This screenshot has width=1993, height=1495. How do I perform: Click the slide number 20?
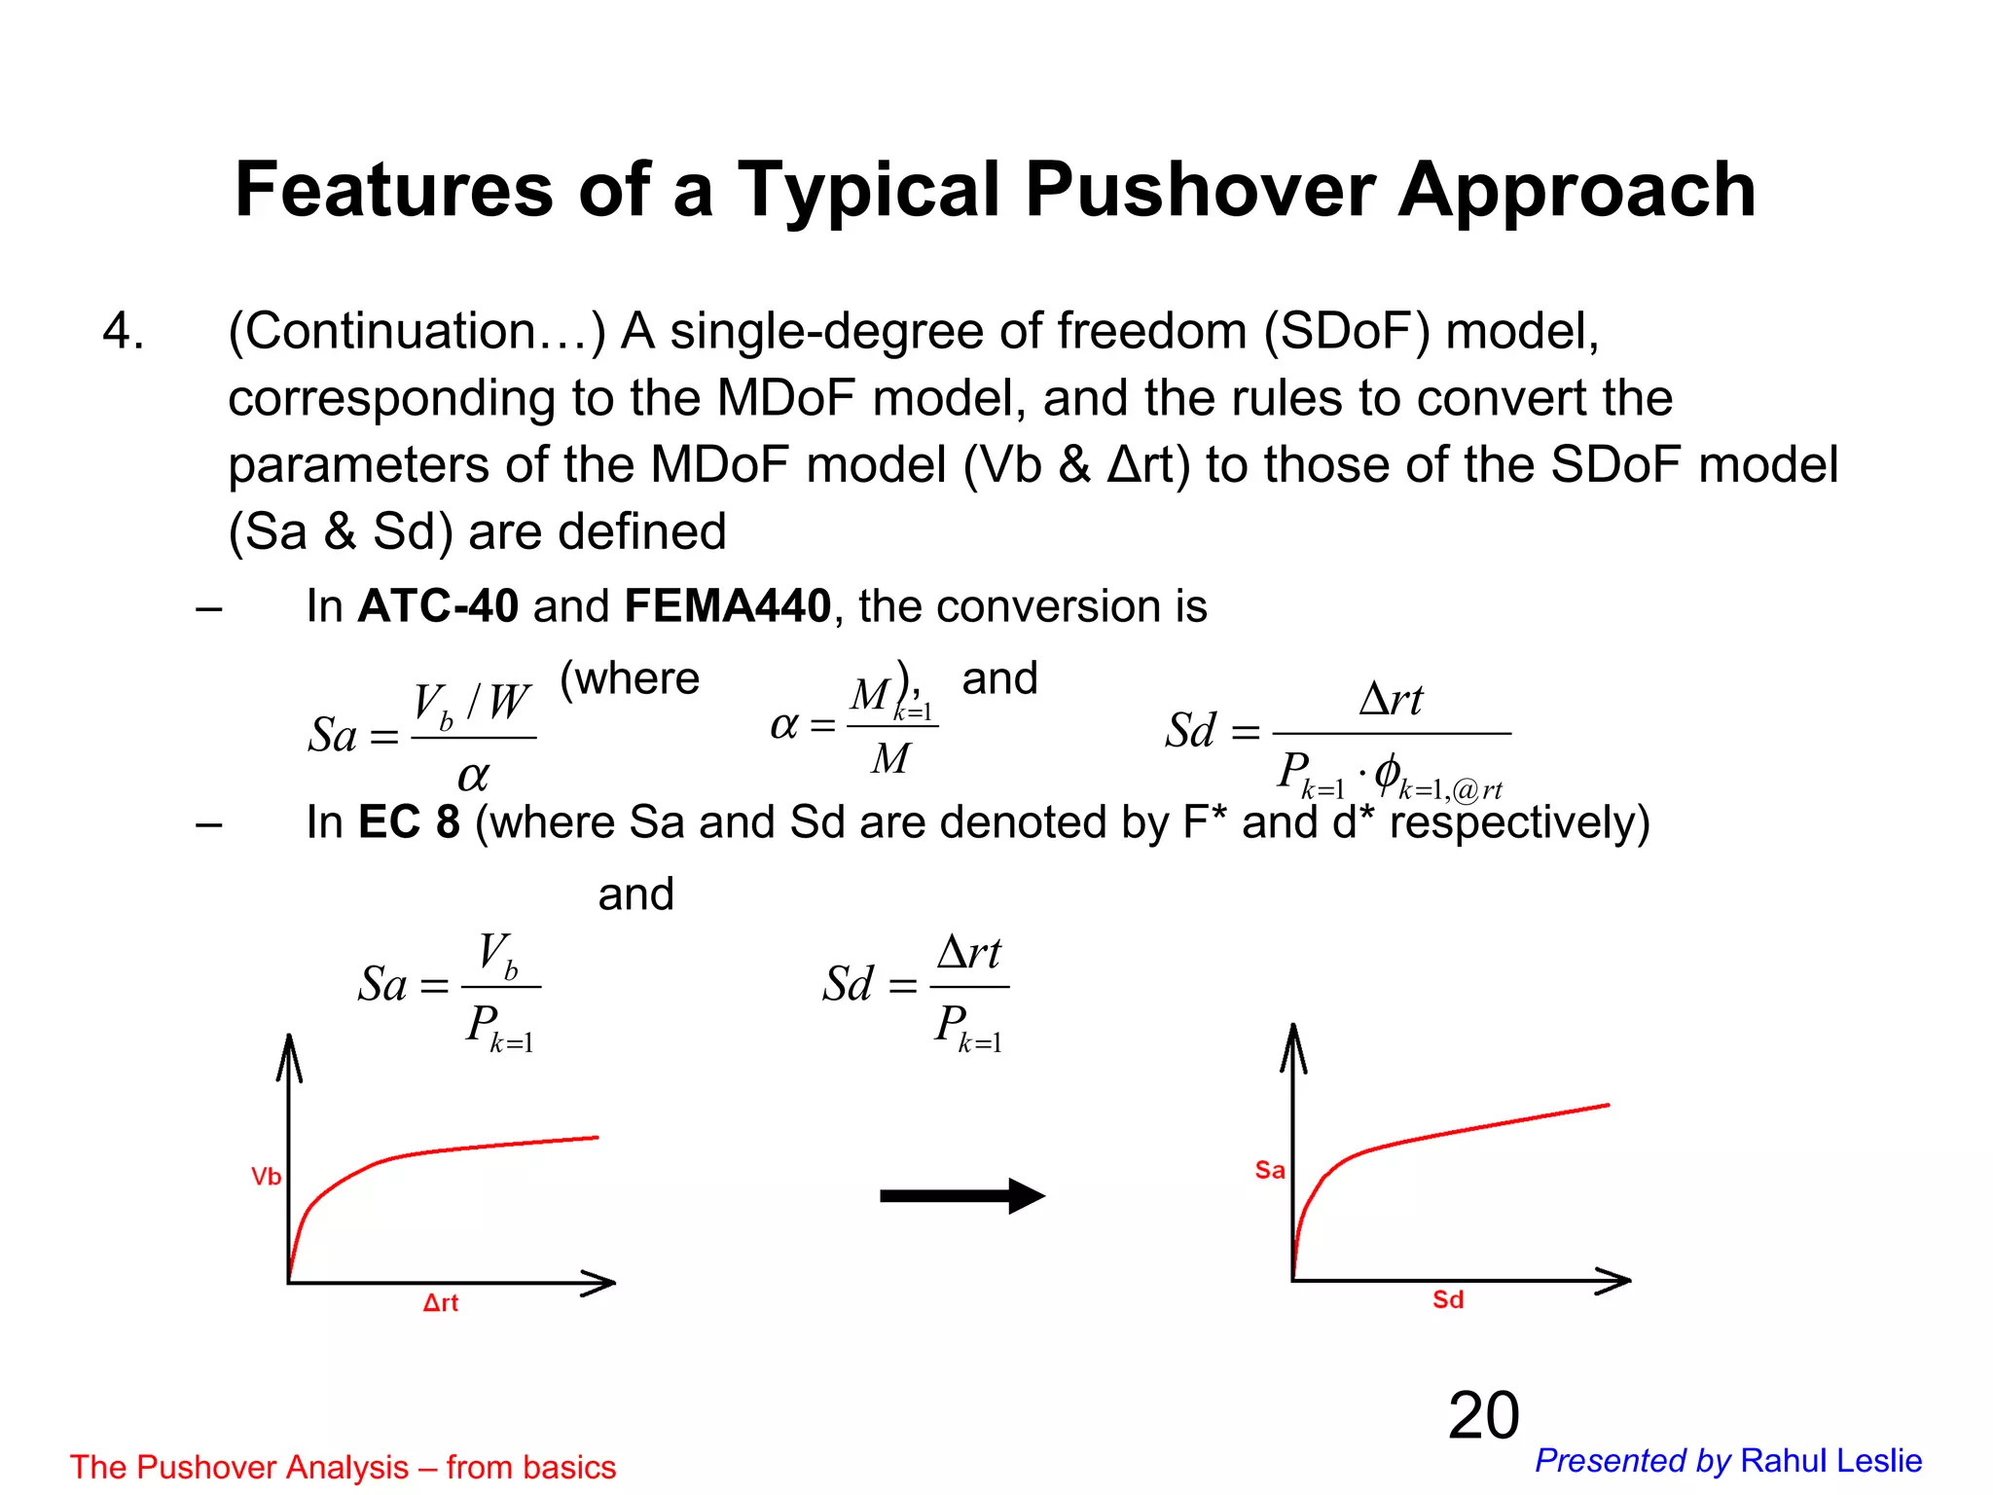coord(1483,1415)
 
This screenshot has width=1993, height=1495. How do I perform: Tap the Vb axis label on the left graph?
coord(266,1177)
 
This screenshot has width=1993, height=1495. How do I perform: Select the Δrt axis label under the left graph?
coord(440,1303)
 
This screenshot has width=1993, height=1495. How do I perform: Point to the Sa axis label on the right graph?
coord(1269,1170)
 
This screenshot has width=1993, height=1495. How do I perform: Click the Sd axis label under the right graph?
coord(1447,1300)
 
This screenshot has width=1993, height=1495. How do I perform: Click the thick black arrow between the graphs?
coord(961,1196)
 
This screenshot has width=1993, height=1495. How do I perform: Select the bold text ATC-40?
coord(438,606)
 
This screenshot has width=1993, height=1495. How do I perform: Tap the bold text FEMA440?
coord(727,606)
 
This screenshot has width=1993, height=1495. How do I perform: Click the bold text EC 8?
coord(409,822)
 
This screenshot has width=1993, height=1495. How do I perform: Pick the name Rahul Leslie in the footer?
coord(1830,1461)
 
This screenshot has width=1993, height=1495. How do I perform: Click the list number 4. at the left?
coord(124,332)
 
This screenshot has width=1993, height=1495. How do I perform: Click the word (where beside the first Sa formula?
coord(630,678)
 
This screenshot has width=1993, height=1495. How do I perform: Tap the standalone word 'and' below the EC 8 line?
coord(635,894)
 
